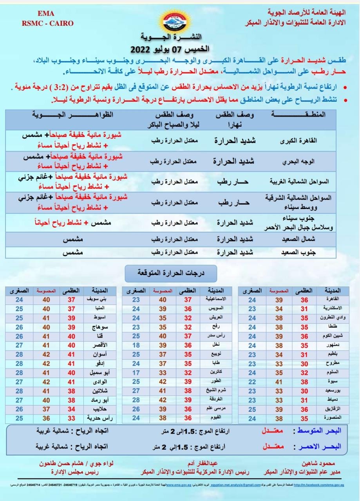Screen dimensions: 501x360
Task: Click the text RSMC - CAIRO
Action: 47,23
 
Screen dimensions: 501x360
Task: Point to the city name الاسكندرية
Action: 332,308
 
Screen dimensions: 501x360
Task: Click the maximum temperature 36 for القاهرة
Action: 304,300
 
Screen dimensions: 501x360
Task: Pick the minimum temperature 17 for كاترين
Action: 136,373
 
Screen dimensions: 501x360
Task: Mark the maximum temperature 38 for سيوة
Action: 304,382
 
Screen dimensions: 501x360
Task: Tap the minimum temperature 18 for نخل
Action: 136,345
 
